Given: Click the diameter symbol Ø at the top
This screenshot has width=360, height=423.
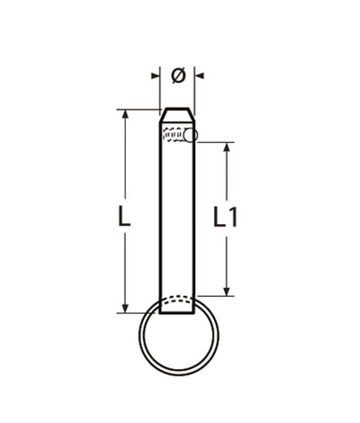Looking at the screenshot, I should coord(177,76).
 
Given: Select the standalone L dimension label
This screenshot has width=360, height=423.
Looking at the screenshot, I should coord(125,216).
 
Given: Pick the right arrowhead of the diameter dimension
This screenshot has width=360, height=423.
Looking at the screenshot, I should coord(200,76).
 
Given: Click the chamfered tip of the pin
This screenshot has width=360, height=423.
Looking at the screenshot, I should coord(177,114).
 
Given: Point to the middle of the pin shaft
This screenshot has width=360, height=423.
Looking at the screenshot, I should coord(177,216).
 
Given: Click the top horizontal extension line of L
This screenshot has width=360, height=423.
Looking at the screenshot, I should coord(139,110).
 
